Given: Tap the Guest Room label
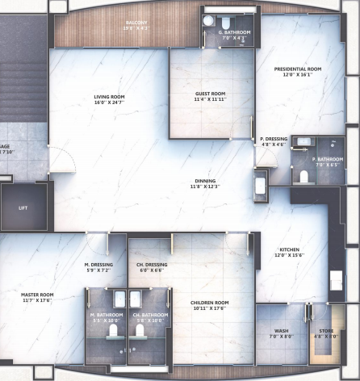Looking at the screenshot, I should [x=210, y=94].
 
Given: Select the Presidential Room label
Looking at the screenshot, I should [x=298, y=69].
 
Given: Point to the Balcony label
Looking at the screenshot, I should [x=136, y=23].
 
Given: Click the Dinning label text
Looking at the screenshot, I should [x=204, y=181].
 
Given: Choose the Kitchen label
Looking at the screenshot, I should [x=290, y=250].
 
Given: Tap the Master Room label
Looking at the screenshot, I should [x=36, y=295].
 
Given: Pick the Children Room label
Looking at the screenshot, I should [x=210, y=303].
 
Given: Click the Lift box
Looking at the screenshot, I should [x=23, y=207].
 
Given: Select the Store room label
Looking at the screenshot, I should [x=325, y=331].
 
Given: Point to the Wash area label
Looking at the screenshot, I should [x=281, y=331].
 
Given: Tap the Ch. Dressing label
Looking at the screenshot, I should [x=152, y=264].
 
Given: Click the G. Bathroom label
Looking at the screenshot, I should [x=235, y=32].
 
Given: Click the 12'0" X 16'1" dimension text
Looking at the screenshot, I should [x=298, y=75].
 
